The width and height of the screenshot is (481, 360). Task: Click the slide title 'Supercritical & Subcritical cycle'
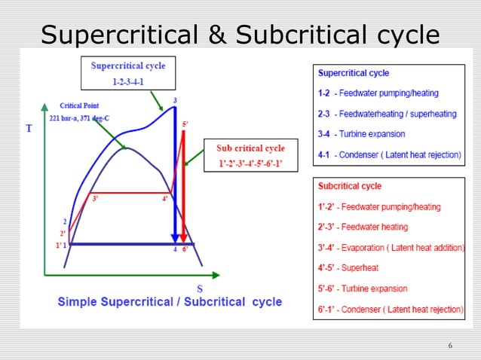pyautogui.click(x=240, y=34)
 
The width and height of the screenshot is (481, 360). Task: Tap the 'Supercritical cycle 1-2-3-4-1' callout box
pyautogui.click(x=127, y=72)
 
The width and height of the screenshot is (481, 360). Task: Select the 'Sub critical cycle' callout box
pyautogui.click(x=250, y=155)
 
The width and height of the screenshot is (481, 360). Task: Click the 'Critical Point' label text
pyautogui.click(x=79, y=106)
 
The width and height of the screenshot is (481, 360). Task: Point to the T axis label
pyautogui.click(x=29, y=128)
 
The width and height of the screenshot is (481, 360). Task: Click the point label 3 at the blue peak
pyautogui.click(x=175, y=101)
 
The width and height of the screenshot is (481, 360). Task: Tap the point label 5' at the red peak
pyautogui.click(x=185, y=124)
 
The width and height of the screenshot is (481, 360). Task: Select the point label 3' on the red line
pyautogui.click(x=94, y=199)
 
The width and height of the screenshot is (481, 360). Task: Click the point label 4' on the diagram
pyautogui.click(x=164, y=199)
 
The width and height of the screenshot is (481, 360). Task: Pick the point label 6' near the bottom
pyautogui.click(x=185, y=250)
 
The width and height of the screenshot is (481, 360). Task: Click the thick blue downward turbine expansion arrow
pyautogui.click(x=175, y=173)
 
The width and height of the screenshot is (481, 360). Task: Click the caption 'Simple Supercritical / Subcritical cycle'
pyautogui.click(x=170, y=302)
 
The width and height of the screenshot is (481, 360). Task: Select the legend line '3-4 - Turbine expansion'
pyautogui.click(x=361, y=134)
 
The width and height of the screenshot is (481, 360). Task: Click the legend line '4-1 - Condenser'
pyautogui.click(x=388, y=154)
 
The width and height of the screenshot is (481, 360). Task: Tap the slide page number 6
pyautogui.click(x=450, y=346)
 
